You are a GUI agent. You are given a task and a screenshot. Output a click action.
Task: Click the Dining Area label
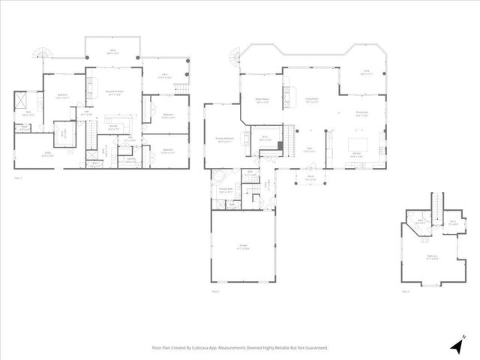click(x=361, y=112)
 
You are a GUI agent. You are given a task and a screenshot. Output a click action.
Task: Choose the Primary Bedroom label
click(x=224, y=139)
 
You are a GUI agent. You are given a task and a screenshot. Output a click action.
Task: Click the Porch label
click(x=310, y=178)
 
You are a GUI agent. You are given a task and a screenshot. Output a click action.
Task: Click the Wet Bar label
click(x=112, y=127)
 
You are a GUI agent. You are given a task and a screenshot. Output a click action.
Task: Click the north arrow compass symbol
click(x=457, y=344)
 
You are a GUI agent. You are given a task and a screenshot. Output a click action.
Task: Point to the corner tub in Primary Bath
click(x=220, y=179)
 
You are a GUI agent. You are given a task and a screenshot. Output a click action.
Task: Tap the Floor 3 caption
click(x=405, y=291)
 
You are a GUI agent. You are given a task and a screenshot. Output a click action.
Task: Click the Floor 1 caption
click(x=19, y=178)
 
